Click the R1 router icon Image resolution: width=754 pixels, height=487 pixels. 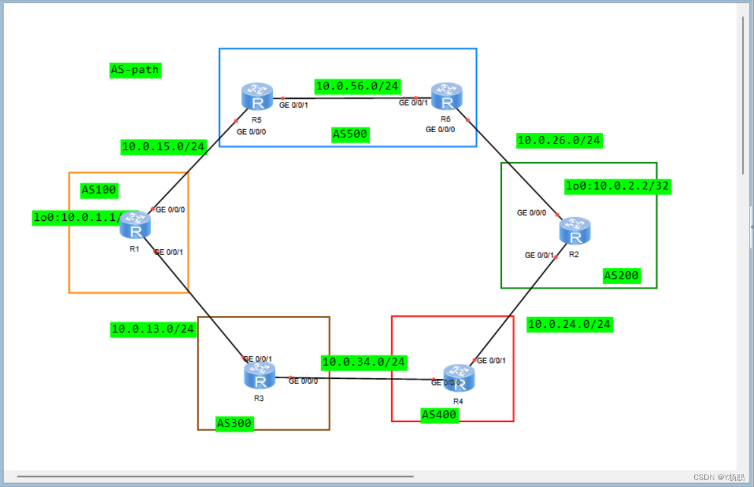point(135,225)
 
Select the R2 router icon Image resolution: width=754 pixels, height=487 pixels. point(574,231)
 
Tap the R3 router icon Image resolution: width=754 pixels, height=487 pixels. point(259,375)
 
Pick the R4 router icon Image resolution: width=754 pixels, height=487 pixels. point(459,378)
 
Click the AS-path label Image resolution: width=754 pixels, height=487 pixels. point(135,70)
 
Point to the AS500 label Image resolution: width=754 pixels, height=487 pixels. point(350,134)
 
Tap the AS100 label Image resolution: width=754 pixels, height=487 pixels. point(100,189)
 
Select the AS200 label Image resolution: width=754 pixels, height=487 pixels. point(621,275)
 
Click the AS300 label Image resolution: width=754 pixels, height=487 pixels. point(234,423)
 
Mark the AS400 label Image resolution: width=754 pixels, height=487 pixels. point(439,415)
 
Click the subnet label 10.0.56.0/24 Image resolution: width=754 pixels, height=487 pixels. point(357,86)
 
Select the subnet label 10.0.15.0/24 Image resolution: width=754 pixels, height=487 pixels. point(163,147)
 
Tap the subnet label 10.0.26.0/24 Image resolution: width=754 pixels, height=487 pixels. point(559,140)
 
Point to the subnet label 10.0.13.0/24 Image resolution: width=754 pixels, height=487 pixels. point(153,329)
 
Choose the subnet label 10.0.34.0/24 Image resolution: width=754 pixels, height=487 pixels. point(363,362)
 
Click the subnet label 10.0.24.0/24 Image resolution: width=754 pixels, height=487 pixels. point(569,324)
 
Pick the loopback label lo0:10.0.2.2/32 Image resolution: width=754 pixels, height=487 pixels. point(617,186)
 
